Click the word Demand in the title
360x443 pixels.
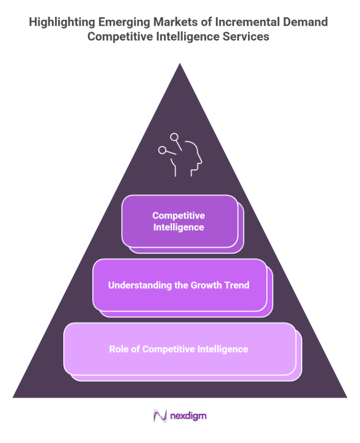304,22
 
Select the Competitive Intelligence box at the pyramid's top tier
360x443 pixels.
179,221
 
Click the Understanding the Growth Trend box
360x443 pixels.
179,285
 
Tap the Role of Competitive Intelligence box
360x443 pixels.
179,349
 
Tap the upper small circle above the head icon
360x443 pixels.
174,136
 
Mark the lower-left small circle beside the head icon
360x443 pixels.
162,150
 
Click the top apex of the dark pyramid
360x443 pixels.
180,64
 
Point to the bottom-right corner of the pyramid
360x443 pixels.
346,397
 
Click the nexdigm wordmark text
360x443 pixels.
188,416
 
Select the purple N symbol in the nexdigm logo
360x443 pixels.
161,416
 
